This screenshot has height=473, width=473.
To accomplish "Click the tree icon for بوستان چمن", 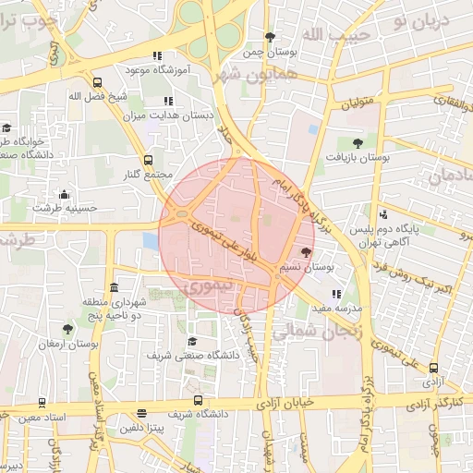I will click(270, 37).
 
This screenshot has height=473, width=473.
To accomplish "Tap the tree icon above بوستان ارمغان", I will click(68, 328).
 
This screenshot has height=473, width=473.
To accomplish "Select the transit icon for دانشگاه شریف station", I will click(198, 400).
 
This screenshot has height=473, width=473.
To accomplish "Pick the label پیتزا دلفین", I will click(140, 429).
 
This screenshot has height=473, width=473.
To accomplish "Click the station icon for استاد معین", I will click(42, 403).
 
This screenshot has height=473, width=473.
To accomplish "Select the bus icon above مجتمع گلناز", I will click(150, 160).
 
